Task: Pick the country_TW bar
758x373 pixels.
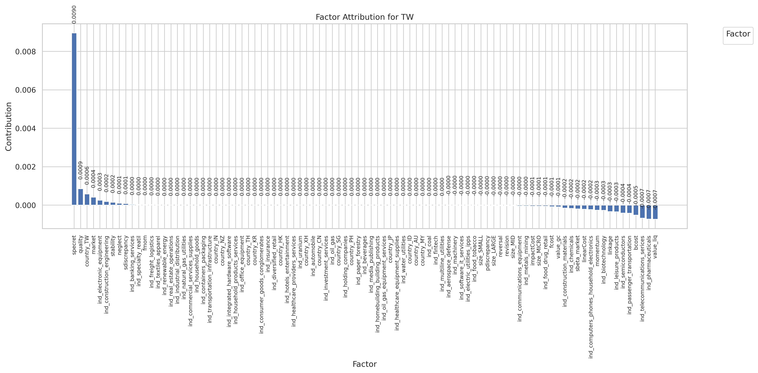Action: coord(87,200)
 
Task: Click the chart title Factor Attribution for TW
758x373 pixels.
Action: coord(365,17)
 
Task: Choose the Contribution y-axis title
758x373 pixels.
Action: coord(9,127)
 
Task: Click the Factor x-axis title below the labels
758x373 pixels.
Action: coord(365,364)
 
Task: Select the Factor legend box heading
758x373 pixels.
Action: coord(738,34)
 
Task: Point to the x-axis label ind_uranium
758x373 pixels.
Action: coord(300,252)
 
